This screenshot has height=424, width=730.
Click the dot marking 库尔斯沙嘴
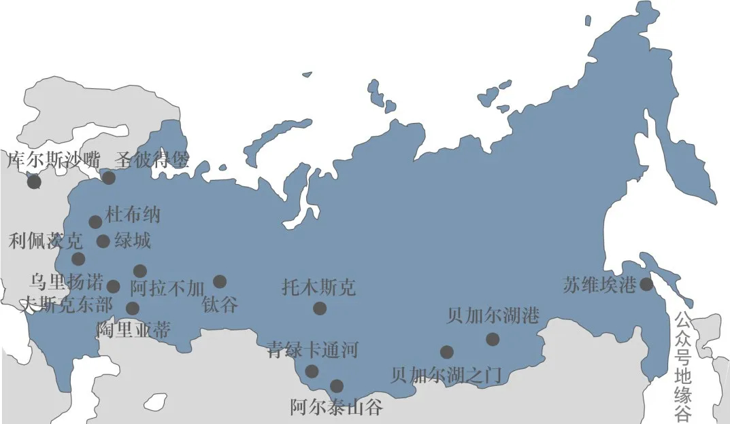click(x=34, y=181)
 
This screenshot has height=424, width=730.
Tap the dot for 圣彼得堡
click(x=108, y=178)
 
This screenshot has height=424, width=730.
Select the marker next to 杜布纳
click(x=95, y=222)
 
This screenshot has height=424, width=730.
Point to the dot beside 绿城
click(x=103, y=241)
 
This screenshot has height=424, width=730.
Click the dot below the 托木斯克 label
click(x=320, y=308)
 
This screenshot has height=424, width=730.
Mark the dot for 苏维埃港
click(x=646, y=284)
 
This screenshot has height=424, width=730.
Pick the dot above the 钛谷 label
click(x=219, y=281)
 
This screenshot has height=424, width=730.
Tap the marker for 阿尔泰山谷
click(x=336, y=386)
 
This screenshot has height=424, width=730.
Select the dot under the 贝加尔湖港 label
click(x=493, y=339)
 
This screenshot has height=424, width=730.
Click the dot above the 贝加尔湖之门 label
click(x=446, y=352)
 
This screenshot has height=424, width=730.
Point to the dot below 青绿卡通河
click(x=311, y=371)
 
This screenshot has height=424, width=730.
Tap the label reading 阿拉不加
click(x=167, y=289)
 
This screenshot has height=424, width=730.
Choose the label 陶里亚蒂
click(x=133, y=330)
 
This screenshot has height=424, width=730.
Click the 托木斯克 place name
click(x=318, y=287)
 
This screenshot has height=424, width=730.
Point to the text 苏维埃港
click(x=599, y=285)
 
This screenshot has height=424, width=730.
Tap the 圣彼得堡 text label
click(x=152, y=160)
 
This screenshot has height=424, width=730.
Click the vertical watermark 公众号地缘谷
click(x=682, y=366)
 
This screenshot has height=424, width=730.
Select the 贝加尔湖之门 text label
click(x=446, y=375)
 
